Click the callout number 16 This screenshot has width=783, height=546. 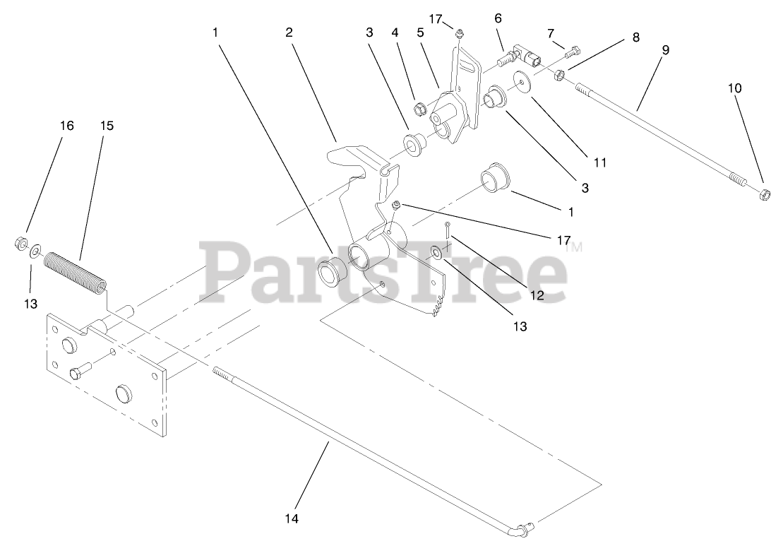[x=66, y=126]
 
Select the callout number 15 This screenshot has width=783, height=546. [x=107, y=126]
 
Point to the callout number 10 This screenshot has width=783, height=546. [x=736, y=88]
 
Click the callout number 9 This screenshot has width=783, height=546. [x=666, y=50]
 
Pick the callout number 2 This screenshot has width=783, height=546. [x=289, y=32]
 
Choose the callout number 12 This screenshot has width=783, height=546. [x=537, y=295]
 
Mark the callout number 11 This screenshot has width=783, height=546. [x=600, y=162]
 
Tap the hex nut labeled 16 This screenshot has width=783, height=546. [x=20, y=244]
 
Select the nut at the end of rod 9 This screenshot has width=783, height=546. [x=764, y=193]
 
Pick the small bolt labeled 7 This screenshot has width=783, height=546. [x=570, y=50]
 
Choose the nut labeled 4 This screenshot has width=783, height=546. [x=418, y=108]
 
